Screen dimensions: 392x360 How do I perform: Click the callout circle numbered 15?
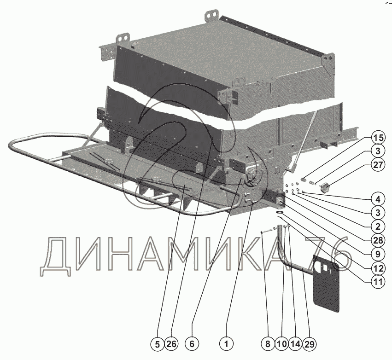click(378, 138)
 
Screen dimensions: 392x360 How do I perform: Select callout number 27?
click(378, 165)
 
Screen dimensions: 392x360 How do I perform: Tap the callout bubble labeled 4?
click(378, 199)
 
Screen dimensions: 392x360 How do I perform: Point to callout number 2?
click(378, 226)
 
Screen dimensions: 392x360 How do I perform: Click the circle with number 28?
click(378, 240)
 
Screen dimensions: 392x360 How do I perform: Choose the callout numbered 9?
click(378, 254)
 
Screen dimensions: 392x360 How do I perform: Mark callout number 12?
click(378, 268)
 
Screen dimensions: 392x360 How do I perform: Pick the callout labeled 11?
click(378, 282)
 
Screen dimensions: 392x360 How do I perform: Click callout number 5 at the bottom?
click(157, 344)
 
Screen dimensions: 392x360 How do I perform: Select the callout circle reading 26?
click(171, 344)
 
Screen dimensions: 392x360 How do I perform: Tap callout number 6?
click(192, 344)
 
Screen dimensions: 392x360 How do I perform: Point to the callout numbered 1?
click(226, 344)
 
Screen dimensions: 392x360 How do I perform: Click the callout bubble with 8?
click(268, 344)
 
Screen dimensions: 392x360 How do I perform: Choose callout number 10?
click(281, 344)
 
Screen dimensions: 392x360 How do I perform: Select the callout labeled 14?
click(295, 344)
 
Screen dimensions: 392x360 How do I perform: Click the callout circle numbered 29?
click(309, 344)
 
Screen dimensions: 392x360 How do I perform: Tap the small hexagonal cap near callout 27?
click(324, 186)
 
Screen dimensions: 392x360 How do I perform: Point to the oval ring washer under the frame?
click(280, 212)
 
